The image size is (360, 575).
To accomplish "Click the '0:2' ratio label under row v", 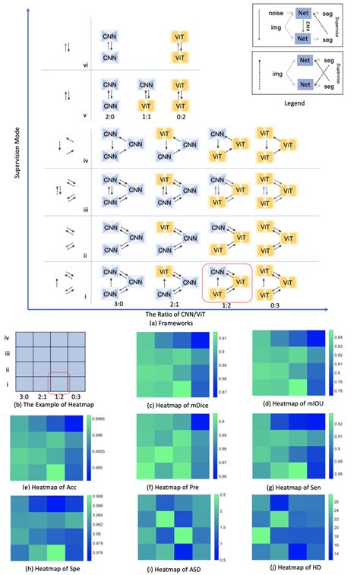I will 182,118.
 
